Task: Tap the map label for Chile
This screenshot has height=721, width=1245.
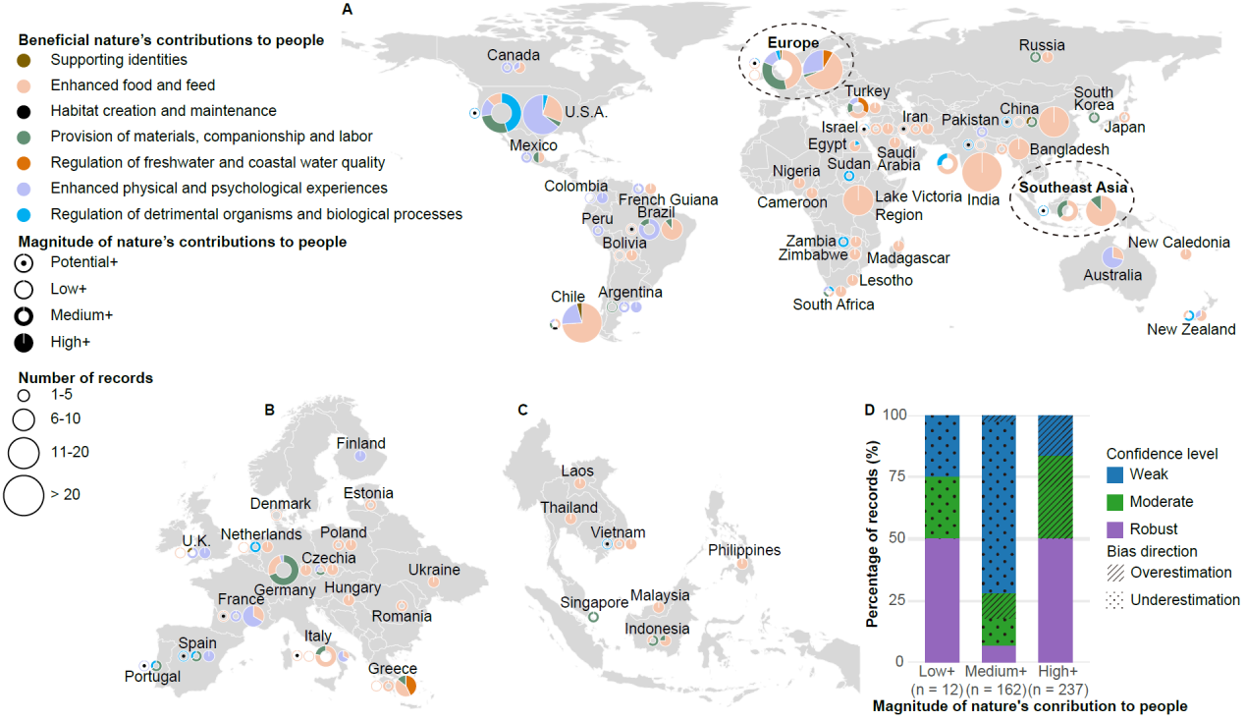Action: [568, 297]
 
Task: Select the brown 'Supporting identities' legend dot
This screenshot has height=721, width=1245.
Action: [25, 60]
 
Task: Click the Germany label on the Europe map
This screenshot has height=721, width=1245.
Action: [285, 590]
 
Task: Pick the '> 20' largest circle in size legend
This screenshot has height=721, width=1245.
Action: [25, 494]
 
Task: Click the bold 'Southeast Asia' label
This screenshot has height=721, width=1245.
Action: [1071, 187]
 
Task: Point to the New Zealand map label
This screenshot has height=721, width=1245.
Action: [1191, 329]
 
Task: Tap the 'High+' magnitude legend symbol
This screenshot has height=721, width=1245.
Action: [25, 342]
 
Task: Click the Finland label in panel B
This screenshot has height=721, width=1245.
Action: [360, 443]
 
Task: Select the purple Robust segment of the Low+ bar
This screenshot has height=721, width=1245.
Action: [942, 600]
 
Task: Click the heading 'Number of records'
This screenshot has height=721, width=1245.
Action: [85, 377]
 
